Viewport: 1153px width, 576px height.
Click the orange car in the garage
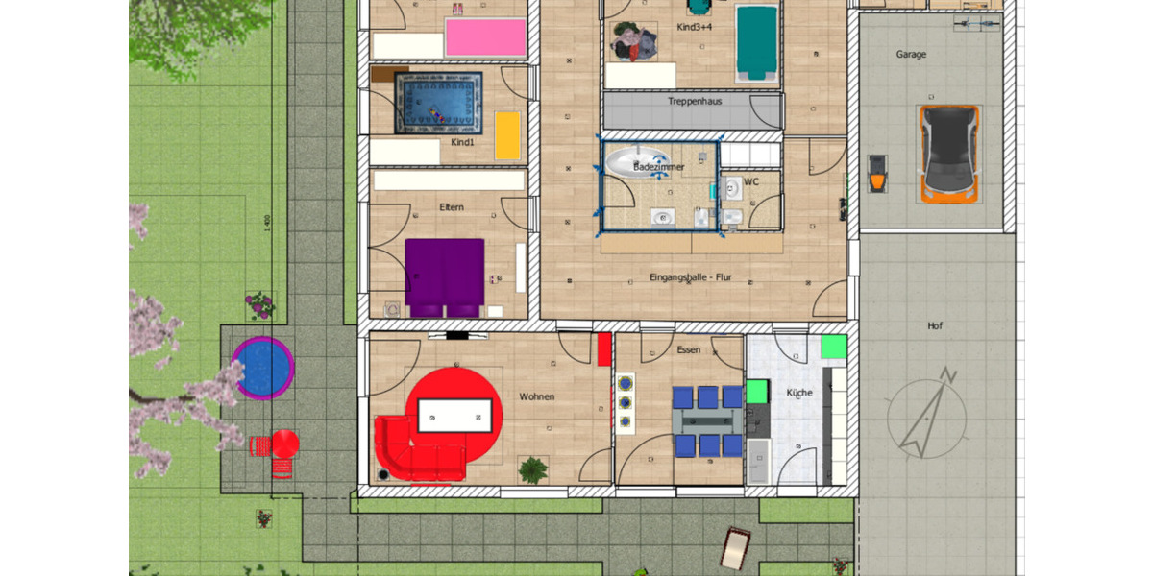(x=950, y=154)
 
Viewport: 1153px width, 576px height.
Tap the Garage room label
(x=911, y=55)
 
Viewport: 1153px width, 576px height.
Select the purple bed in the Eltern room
(x=444, y=276)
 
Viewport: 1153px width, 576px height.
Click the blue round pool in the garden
(x=262, y=367)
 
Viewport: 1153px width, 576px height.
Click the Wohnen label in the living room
(x=537, y=396)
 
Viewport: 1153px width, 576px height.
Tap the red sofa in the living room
(x=413, y=451)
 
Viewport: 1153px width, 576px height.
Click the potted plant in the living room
(x=533, y=469)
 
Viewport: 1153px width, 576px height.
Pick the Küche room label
(x=799, y=393)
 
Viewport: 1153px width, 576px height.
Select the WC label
(x=750, y=180)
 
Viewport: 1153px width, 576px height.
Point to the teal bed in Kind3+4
(x=756, y=43)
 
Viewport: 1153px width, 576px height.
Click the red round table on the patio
(x=285, y=444)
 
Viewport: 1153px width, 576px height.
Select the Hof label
(x=935, y=326)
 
